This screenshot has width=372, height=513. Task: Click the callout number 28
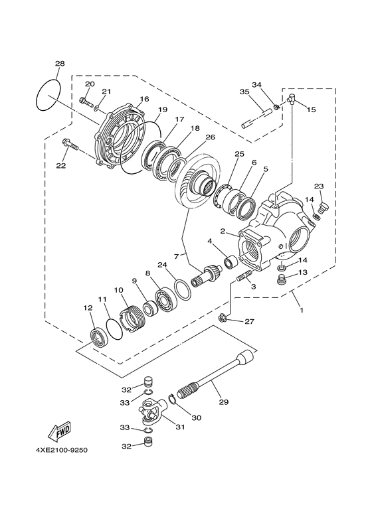[x=60, y=64]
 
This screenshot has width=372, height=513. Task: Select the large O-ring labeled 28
[x=48, y=95]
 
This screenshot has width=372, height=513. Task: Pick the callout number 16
[x=143, y=100]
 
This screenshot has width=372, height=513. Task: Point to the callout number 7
[x=177, y=256]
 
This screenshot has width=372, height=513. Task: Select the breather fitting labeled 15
[x=292, y=100]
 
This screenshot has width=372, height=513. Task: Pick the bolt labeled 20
[x=84, y=101]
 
